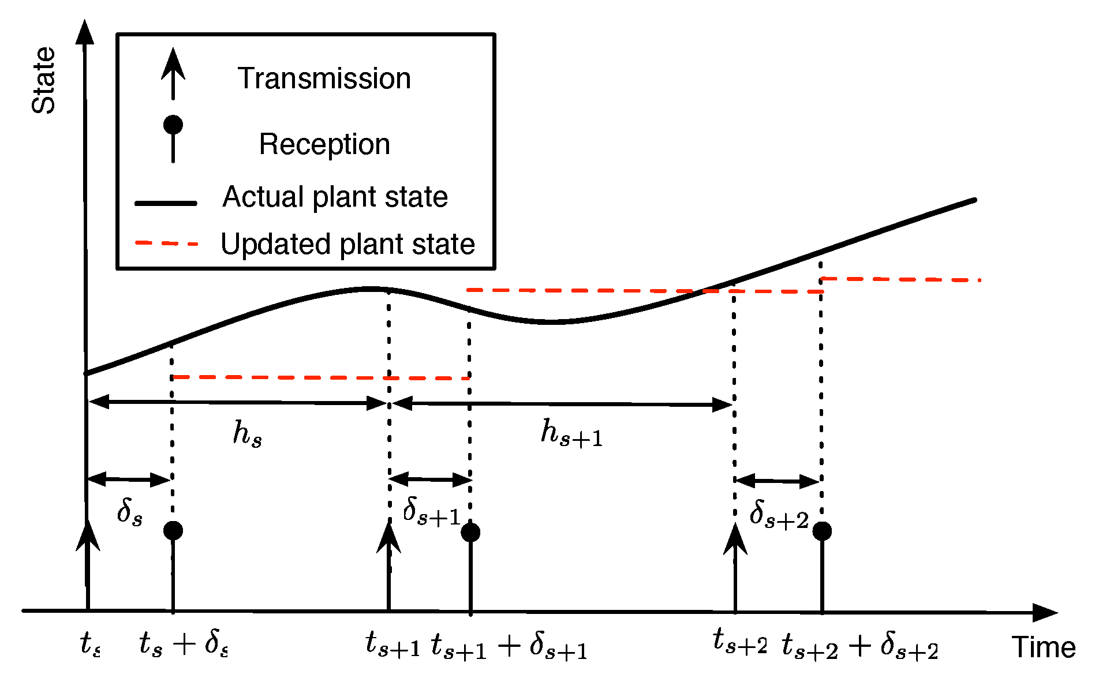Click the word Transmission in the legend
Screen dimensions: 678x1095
coord(324,78)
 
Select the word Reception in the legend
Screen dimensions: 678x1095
coord(324,144)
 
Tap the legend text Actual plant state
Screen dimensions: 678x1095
coord(335,197)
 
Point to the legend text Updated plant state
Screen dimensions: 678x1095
coord(347,244)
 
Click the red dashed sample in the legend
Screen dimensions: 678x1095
coord(166,244)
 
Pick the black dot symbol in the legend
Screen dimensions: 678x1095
coord(173,125)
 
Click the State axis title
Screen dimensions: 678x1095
coord(44,80)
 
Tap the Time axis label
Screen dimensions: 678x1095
coord(1044,647)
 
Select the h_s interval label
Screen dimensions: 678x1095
coord(248,433)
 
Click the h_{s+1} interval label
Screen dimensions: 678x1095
coord(571,433)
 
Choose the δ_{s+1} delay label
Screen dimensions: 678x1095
coord(431,511)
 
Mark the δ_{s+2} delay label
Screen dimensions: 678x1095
coord(779,514)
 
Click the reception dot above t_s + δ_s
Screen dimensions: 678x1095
coord(173,530)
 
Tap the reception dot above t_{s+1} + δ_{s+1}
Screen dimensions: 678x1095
coord(470,532)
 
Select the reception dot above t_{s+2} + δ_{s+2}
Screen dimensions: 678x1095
coord(822,531)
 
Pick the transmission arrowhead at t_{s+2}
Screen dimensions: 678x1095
coord(735,539)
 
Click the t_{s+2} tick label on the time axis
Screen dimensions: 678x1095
coord(740,642)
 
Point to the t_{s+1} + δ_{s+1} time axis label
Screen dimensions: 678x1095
coord(509,646)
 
